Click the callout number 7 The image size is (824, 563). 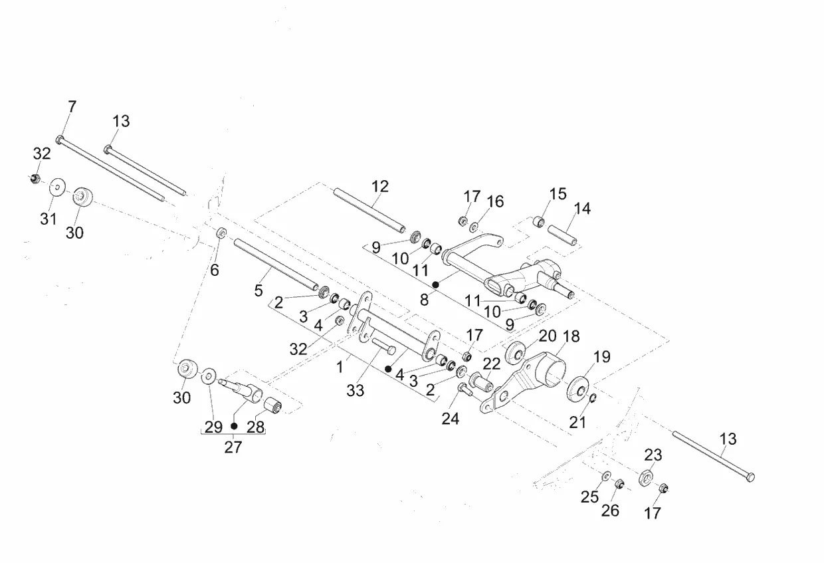72,106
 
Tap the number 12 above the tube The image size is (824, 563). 380,187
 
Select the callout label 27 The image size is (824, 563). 233,447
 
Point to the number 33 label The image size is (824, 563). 356,391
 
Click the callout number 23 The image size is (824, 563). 653,455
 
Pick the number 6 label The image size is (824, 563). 215,270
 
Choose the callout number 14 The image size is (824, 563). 582,209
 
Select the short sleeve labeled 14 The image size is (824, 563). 562,235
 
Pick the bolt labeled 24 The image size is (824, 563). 464,390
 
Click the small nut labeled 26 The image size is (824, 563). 619,484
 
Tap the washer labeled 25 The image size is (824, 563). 605,476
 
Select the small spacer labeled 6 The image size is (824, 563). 221,233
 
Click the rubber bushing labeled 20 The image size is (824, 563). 515,352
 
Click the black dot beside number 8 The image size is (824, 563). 436,284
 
